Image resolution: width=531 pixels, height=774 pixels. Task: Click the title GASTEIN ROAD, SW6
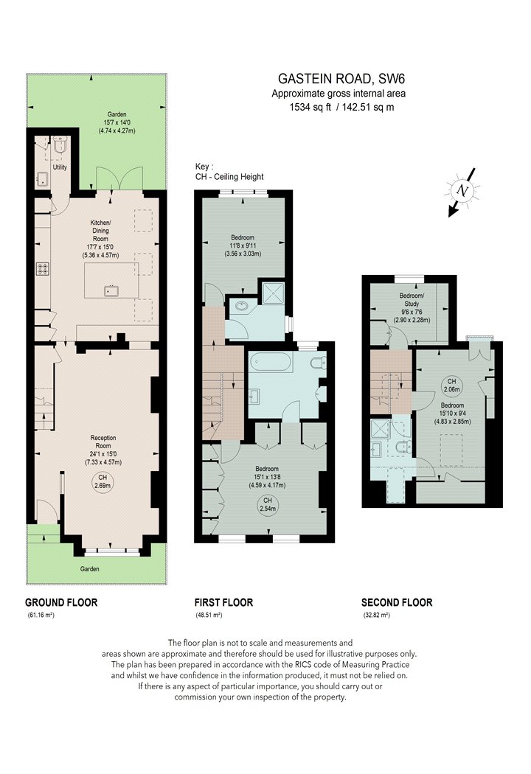point(341,78)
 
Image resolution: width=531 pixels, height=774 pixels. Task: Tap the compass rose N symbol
point(462,191)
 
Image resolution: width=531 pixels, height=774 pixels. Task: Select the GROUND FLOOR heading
point(61,602)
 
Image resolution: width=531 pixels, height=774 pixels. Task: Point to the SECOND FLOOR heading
point(397,602)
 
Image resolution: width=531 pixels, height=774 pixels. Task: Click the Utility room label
point(60,167)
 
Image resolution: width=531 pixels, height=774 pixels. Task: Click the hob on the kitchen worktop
point(43,269)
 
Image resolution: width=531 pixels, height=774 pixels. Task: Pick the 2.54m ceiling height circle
point(267,504)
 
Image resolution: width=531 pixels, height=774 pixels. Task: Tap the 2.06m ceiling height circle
point(451,386)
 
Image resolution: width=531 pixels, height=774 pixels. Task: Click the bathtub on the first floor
point(271,363)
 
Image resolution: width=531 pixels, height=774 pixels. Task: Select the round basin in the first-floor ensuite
point(243,306)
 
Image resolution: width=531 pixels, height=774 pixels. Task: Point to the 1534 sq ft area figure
point(310,107)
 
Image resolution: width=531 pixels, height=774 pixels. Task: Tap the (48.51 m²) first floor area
point(209,615)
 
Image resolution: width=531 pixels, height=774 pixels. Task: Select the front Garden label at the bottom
point(90,568)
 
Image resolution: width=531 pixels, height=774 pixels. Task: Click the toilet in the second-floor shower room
point(404,447)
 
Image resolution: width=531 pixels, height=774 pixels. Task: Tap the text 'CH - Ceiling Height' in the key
point(229,177)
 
